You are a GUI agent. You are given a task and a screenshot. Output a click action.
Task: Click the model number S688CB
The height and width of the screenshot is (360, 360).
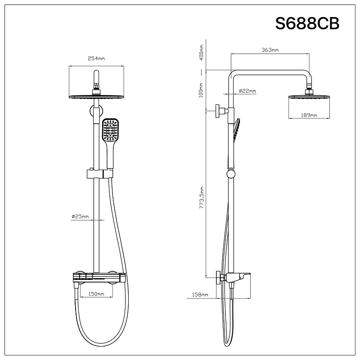307,23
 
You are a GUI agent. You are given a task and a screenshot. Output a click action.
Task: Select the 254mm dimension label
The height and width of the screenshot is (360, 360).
96,58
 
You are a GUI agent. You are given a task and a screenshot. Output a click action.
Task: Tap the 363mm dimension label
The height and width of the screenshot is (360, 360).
270,50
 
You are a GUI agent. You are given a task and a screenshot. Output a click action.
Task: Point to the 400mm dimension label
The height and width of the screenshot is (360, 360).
202,53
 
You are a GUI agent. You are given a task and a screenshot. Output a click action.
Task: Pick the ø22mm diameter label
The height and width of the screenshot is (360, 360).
247,91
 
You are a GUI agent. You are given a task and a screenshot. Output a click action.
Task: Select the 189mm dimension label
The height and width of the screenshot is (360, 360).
309,116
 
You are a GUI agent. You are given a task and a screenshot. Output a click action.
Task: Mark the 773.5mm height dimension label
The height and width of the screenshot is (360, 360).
202,198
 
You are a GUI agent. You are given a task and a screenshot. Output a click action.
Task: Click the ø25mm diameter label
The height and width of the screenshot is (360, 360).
80,216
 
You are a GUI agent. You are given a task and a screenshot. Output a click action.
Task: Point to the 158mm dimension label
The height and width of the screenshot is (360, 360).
199,295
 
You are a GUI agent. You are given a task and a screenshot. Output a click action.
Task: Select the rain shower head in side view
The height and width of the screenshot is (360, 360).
309,96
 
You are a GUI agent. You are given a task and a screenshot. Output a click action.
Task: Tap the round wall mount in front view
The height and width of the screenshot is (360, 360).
95,111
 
